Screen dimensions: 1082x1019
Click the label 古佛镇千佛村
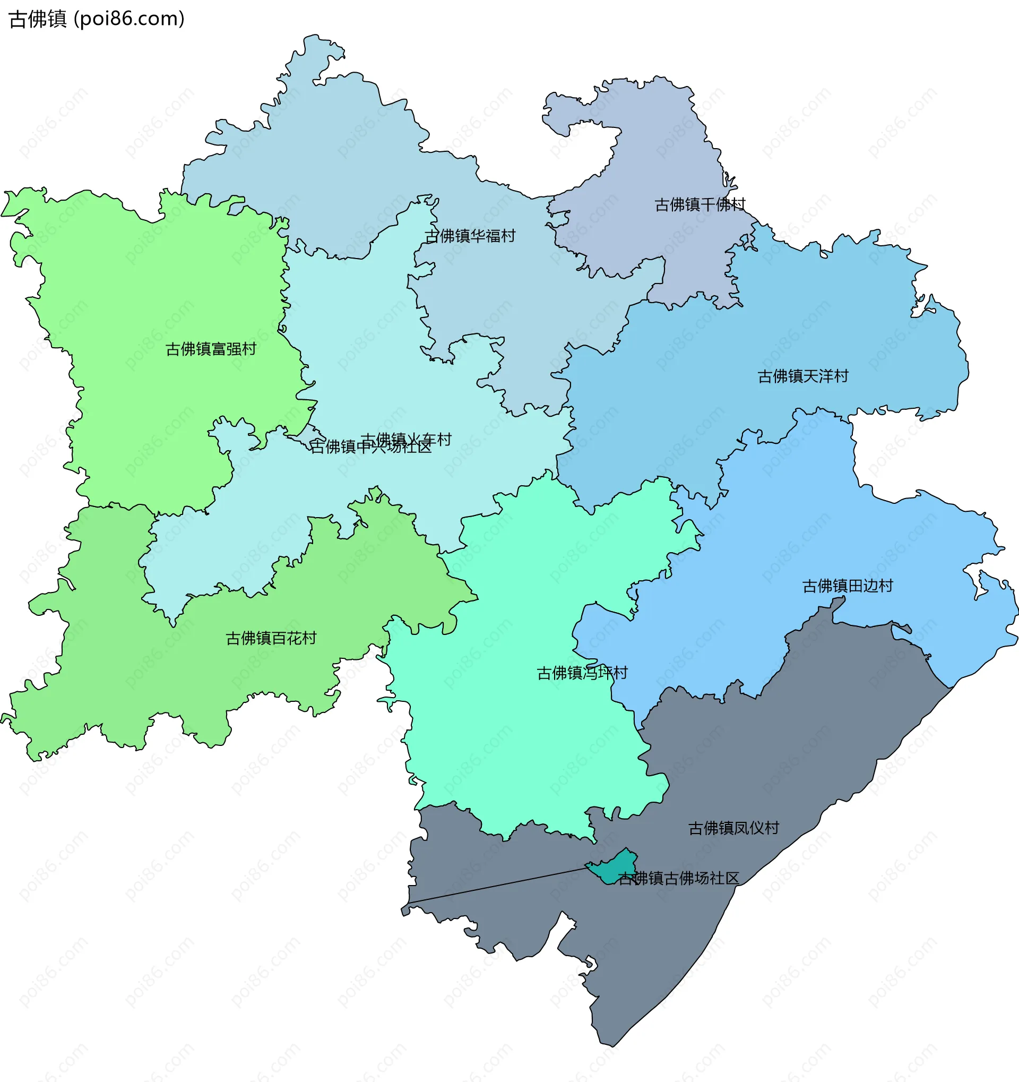[x=700, y=204]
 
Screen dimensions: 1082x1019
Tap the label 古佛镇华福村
[x=470, y=236]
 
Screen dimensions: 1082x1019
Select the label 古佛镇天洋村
[x=803, y=376]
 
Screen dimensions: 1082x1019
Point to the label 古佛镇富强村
[x=211, y=349]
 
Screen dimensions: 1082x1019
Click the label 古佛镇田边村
[x=848, y=586]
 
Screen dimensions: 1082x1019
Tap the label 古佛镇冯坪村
[x=582, y=673]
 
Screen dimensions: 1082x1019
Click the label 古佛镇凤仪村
[x=734, y=828]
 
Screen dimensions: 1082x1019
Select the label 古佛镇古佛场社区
[x=678, y=878]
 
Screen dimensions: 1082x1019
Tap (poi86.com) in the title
[x=129, y=19]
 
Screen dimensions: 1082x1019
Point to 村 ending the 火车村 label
[x=444, y=439]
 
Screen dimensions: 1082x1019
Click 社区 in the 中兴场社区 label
[x=417, y=447]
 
